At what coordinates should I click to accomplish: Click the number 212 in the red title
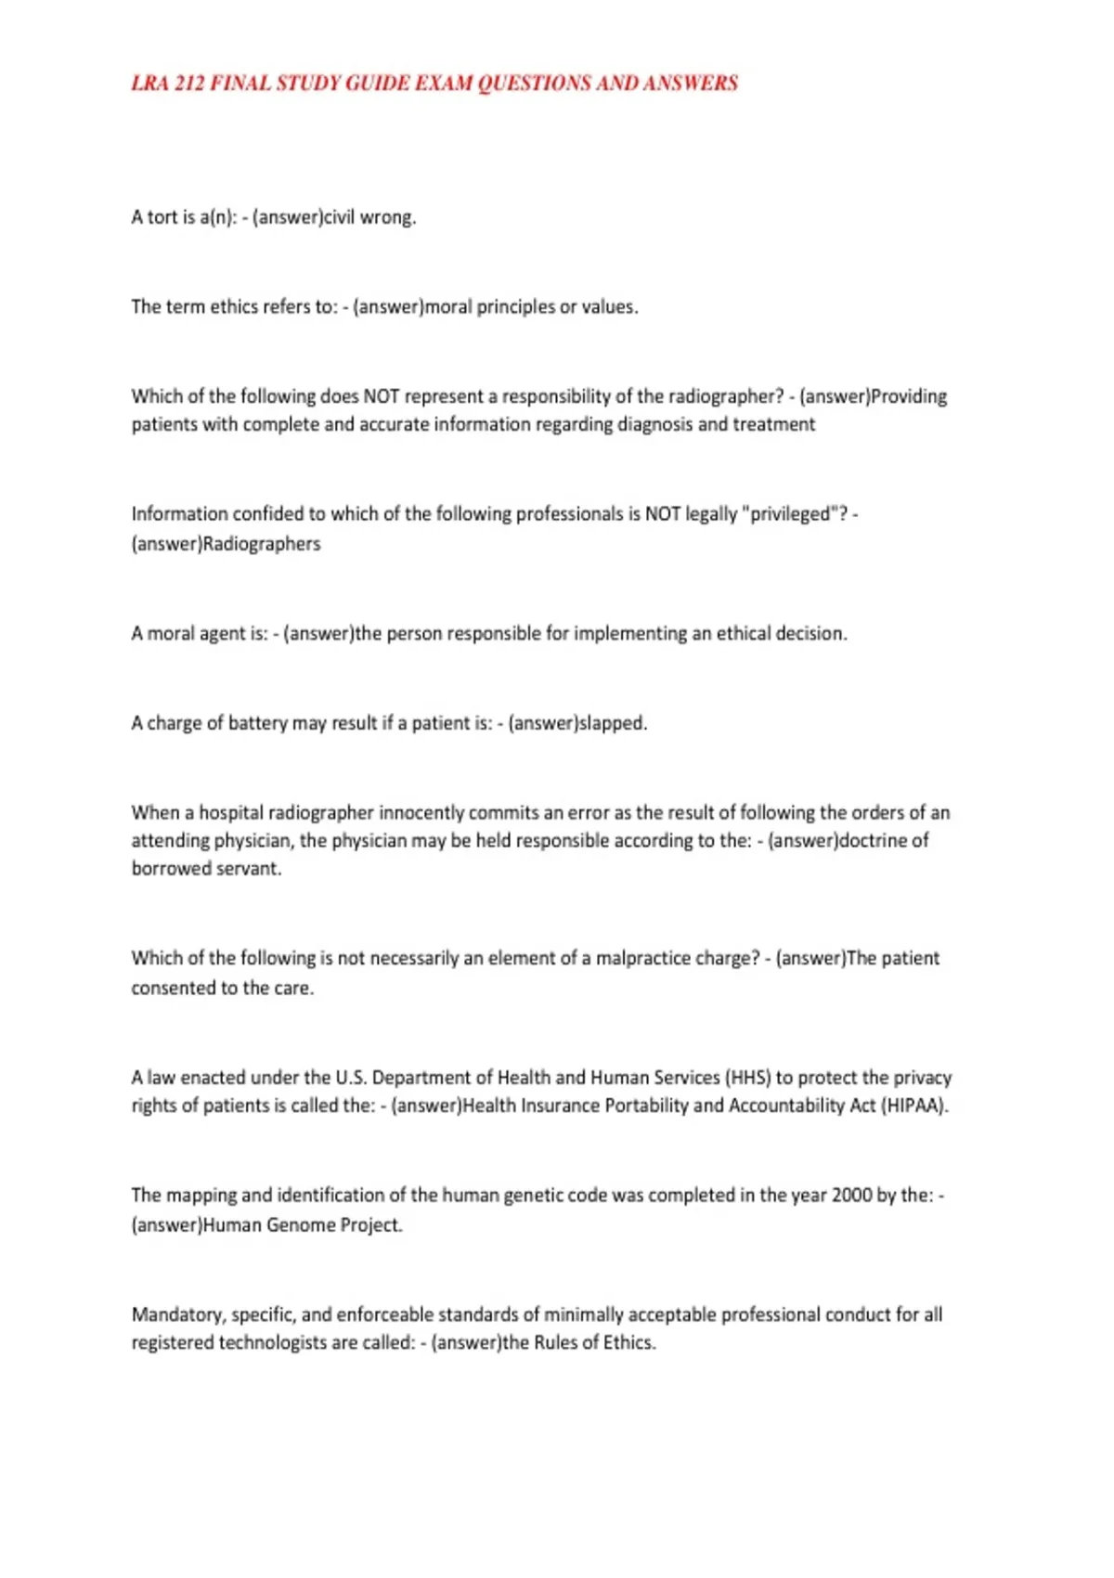coord(188,84)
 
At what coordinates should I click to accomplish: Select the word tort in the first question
coord(162,217)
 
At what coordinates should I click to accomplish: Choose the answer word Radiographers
coord(262,544)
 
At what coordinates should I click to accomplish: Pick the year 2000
coord(851,1196)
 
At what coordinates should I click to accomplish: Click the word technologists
coord(276,1343)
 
